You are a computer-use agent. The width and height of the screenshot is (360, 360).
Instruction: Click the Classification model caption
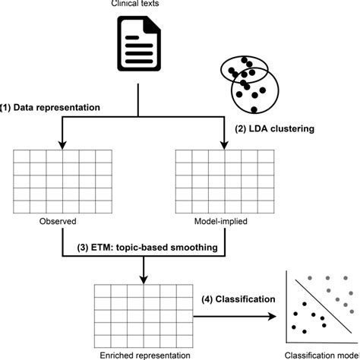click(x=324, y=355)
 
